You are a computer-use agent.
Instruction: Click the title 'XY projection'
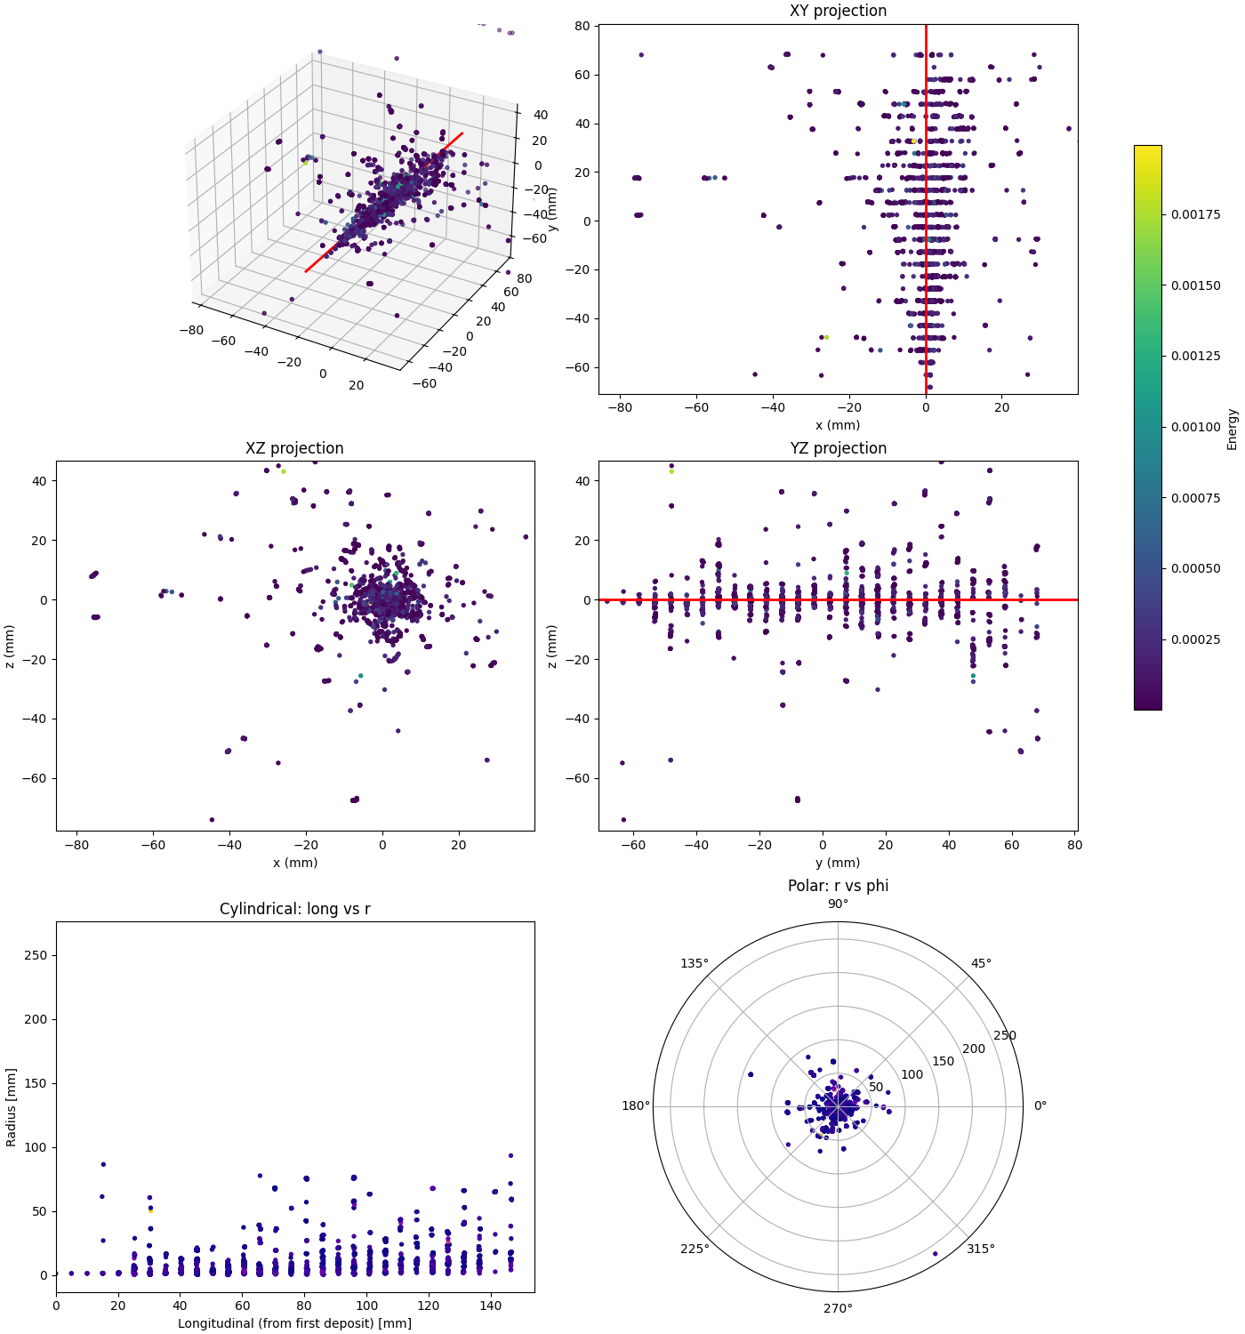point(838,11)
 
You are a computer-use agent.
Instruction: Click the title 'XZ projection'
point(294,448)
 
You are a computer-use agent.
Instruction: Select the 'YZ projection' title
point(838,448)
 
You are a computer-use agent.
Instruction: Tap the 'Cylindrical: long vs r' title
point(294,909)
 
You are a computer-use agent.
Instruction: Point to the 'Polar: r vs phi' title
point(838,886)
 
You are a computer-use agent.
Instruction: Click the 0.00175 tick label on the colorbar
point(1195,214)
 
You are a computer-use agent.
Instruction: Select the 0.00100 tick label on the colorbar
point(1195,427)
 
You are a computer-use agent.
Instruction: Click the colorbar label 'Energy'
point(1232,429)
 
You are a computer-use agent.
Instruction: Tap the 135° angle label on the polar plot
point(695,963)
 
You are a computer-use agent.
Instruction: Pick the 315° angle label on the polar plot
point(981,1249)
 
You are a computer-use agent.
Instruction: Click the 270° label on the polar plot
point(838,1308)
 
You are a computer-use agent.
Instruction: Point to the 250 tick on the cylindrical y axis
point(36,955)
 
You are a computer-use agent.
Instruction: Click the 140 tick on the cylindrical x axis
point(490,1306)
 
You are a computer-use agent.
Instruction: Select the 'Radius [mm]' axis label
point(12,1106)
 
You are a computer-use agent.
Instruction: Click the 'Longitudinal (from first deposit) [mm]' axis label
point(294,1323)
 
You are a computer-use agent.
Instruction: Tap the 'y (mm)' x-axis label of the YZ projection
point(838,863)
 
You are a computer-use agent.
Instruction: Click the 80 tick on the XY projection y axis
point(582,26)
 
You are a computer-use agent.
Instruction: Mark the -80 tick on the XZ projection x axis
point(76,845)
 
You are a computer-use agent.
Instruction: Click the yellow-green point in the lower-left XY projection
point(826,337)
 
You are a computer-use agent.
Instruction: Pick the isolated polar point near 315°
point(935,1254)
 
